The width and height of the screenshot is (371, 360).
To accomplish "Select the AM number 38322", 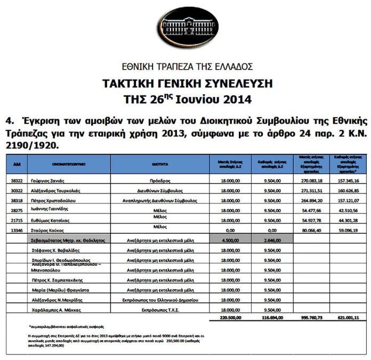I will click(15, 181).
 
